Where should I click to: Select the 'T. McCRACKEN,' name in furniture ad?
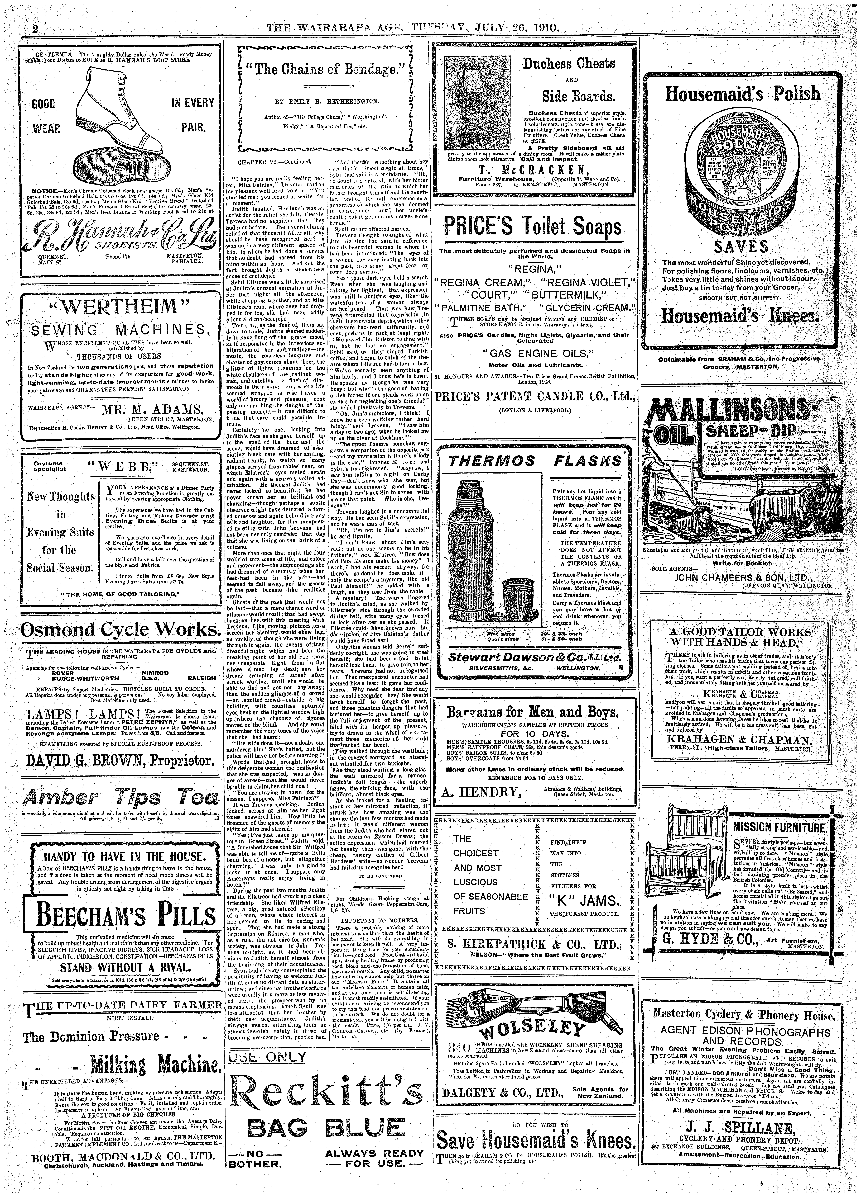pyautogui.click(x=533, y=169)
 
